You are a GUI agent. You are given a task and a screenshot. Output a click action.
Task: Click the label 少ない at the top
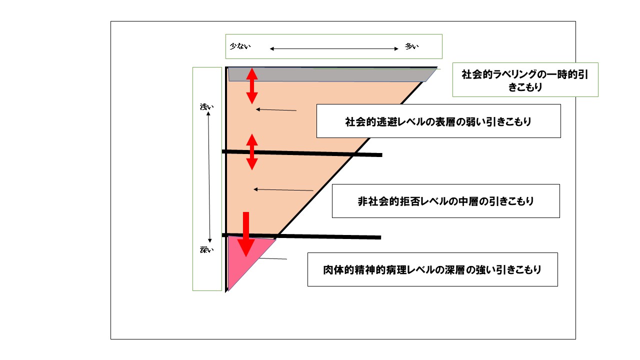[240, 46]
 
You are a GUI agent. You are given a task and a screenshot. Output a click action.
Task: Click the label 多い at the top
[411, 47]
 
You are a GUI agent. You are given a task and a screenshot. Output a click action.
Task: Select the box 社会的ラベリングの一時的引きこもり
[525, 79]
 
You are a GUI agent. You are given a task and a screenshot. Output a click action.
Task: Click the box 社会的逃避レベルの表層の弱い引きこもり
[438, 121]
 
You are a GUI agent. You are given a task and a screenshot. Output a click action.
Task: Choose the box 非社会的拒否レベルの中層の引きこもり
[445, 201]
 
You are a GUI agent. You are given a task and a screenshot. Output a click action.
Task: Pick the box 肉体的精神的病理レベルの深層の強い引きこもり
[432, 269]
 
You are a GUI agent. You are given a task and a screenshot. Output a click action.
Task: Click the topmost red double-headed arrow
[252, 85]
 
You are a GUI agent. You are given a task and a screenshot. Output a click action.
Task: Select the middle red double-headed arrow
[252, 152]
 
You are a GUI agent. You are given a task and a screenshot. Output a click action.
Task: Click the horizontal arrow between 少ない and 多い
[333, 48]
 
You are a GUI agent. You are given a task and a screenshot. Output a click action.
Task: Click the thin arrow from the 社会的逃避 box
[276, 109]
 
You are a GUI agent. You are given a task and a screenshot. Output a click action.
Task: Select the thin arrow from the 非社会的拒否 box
[283, 189]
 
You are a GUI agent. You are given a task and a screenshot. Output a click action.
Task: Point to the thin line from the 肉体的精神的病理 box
[273, 258]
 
